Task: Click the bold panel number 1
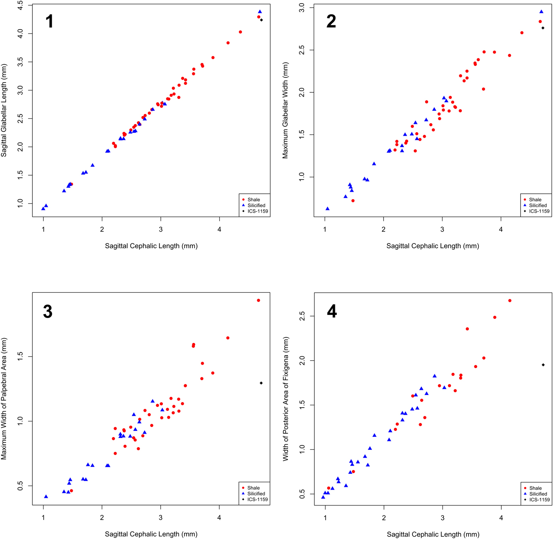[49, 21]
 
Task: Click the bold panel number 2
[331, 21]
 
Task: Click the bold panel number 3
[48, 312]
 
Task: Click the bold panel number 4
[332, 312]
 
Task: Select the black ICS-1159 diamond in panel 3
[261, 383]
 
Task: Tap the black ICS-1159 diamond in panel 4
[543, 365]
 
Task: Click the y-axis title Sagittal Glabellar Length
[4, 110]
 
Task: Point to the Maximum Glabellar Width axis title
[286, 110]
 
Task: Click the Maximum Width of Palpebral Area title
[4, 399]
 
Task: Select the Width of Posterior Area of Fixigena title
[286, 399]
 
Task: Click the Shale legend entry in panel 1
[254, 200]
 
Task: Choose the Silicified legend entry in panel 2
[538, 205]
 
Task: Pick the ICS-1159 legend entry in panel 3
[258, 500]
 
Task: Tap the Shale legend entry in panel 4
[535, 488]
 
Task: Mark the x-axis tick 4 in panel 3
[219, 517]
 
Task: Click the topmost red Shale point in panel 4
[510, 301]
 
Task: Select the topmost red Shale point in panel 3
[259, 300]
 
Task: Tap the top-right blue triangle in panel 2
[542, 12]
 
